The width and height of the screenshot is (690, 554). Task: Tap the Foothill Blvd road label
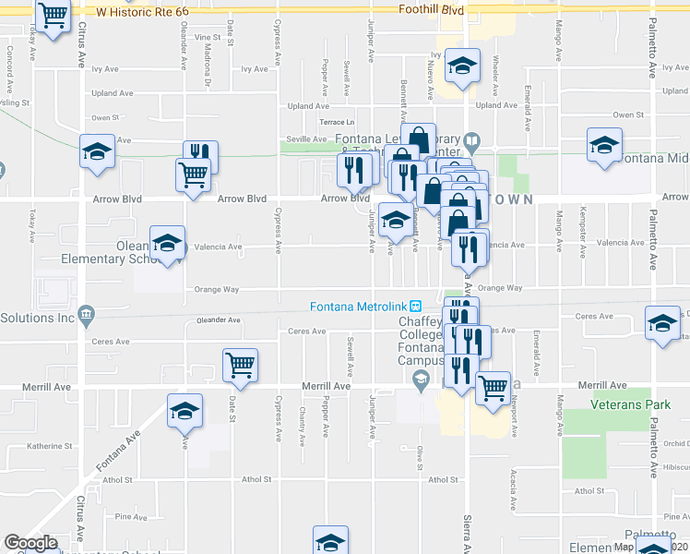[x=430, y=9]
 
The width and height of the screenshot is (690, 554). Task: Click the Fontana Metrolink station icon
[x=415, y=307]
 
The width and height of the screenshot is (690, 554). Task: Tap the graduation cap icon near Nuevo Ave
[x=462, y=66]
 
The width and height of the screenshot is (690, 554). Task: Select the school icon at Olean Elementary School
[x=167, y=244]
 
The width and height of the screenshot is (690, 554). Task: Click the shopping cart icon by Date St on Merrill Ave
[x=240, y=364]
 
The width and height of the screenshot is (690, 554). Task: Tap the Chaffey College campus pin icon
[x=421, y=378]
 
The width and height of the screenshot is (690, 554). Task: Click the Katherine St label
[x=50, y=446]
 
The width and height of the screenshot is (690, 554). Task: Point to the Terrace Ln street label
[x=337, y=123]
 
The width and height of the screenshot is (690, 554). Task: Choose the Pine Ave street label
[x=140, y=518]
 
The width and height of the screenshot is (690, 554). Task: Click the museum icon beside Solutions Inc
[x=86, y=314]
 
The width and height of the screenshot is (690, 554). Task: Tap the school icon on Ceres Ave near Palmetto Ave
[x=662, y=324]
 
